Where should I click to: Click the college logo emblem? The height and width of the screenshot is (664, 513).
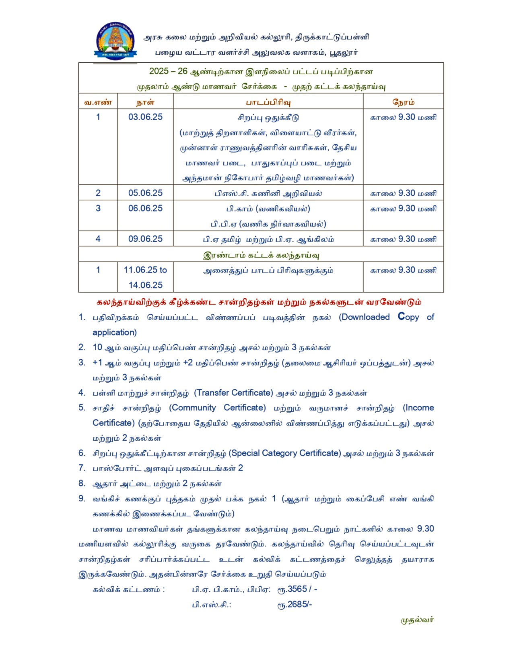[115, 41]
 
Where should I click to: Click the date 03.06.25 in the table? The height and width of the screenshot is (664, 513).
[145, 117]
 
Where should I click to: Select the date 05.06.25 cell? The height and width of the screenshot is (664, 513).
[145, 193]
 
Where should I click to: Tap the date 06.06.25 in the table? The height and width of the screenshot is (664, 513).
[145, 208]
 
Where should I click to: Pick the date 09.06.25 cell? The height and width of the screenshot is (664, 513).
[145, 239]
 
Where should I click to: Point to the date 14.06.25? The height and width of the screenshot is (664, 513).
[145, 285]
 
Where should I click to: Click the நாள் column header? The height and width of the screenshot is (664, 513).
[145, 102]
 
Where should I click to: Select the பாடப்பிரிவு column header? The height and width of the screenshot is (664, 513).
[268, 102]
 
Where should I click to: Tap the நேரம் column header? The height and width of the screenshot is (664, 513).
[403, 102]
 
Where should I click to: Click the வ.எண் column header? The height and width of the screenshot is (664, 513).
[98, 102]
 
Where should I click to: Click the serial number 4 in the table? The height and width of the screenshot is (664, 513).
[98, 239]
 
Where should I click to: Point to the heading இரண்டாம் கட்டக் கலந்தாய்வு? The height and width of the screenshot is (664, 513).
[261, 255]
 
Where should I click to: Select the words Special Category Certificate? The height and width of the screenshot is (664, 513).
[285, 453]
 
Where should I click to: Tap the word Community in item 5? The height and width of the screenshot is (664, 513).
[192, 408]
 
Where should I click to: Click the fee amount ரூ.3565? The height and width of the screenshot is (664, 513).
[293, 589]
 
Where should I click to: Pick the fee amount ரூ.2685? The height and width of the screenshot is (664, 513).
[295, 604]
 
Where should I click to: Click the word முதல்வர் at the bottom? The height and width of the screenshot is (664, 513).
[417, 620]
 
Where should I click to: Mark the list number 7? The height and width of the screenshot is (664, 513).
[82, 468]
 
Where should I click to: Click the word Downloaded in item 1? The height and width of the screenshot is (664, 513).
[365, 317]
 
